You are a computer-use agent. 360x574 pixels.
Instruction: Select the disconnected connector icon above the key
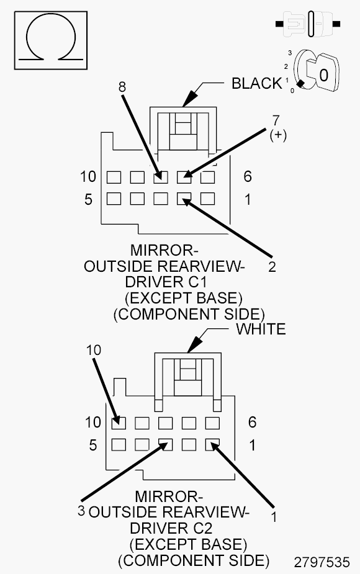pos(308,25)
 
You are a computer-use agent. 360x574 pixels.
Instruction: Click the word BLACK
pos(256,83)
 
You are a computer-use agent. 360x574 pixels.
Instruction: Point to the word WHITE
pos(261,329)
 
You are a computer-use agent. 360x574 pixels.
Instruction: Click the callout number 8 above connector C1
pos(122,87)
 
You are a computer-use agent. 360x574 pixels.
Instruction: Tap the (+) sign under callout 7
pos(277,135)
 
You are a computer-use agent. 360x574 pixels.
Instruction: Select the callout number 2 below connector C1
pos(272,267)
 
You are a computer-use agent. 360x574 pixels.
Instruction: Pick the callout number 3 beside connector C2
pos(81,510)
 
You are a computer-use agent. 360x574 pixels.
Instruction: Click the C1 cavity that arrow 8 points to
pos(161,177)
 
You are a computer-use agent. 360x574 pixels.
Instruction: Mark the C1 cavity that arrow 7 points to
pos(184,177)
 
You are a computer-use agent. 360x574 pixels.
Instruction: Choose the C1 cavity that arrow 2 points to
pos(184,199)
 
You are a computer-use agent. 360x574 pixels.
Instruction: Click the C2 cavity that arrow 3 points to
pos(165,445)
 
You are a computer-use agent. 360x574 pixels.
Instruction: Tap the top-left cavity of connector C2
pos(118,423)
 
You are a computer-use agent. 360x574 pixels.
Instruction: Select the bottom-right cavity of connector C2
pos(213,445)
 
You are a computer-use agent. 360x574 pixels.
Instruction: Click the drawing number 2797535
pos(322,562)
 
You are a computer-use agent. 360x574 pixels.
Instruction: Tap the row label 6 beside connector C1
pos(248,177)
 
